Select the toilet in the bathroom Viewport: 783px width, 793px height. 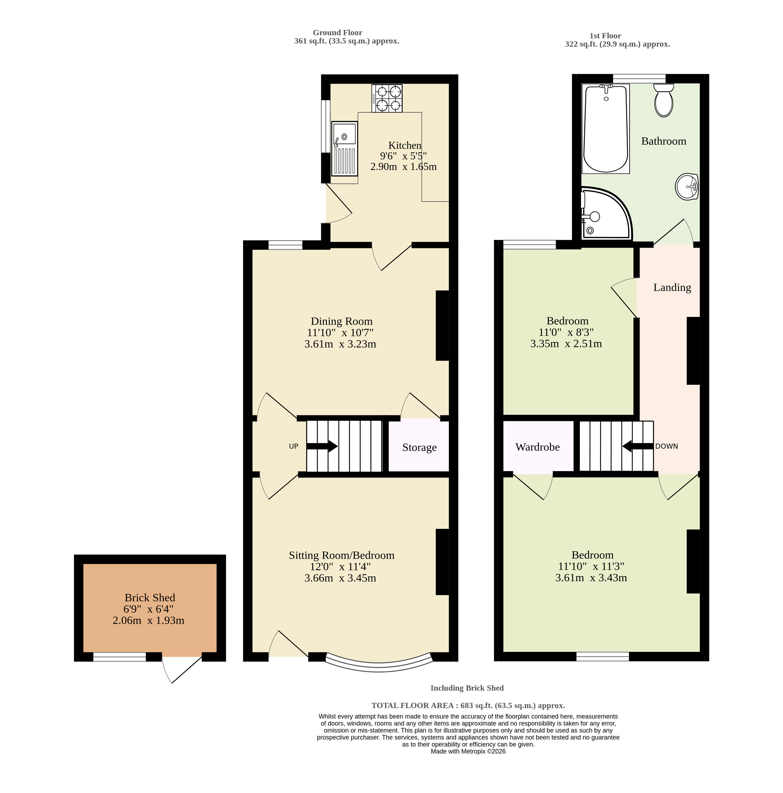[x=663, y=100]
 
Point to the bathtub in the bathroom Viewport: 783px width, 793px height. [x=605, y=128]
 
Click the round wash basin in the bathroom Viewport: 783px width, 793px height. [x=686, y=187]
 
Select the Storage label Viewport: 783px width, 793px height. [x=419, y=447]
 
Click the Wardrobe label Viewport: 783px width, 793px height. [x=537, y=447]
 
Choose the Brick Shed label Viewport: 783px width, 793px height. [x=150, y=598]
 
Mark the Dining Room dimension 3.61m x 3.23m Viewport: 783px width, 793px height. [x=340, y=344]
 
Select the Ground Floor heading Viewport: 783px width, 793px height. [x=337, y=33]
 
